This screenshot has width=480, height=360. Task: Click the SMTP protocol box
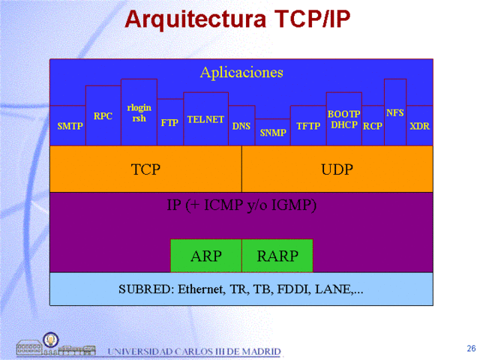point(68,125)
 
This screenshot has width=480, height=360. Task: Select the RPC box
point(103,115)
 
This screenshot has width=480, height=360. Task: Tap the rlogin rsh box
point(139,112)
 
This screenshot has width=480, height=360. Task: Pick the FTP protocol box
point(170,121)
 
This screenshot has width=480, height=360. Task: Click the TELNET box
point(205,118)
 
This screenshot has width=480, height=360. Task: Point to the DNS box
point(241,125)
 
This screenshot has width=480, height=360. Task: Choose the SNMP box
point(273,132)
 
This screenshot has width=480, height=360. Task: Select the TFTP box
point(308,125)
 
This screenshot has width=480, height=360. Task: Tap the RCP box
point(373,125)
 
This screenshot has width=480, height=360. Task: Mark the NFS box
point(395,112)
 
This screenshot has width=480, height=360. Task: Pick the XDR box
point(419,125)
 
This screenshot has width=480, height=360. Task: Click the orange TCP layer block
point(145,169)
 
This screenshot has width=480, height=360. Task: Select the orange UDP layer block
point(337,169)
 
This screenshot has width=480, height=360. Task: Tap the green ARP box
point(206,256)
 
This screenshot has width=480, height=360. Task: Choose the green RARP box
point(277,256)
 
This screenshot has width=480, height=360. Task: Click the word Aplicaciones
point(241,73)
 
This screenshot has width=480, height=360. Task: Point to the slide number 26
point(471,348)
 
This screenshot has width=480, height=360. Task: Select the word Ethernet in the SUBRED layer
point(201,289)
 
